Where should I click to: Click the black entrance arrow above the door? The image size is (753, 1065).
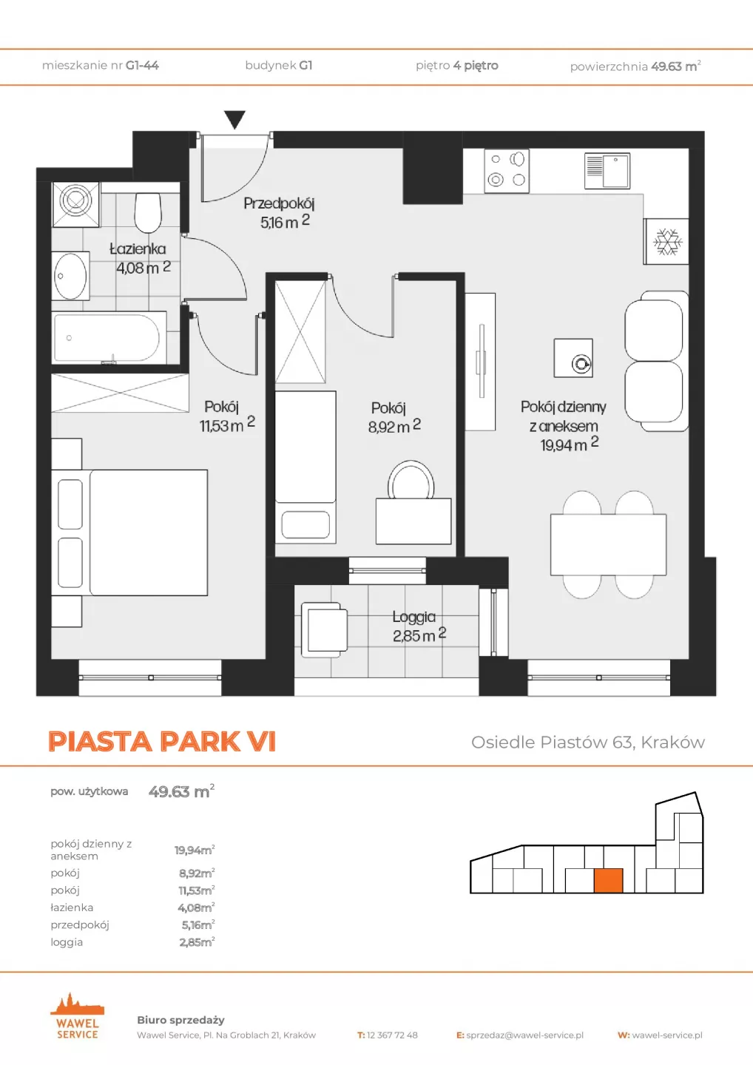click(234, 118)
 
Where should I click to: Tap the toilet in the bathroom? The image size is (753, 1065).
click(149, 212)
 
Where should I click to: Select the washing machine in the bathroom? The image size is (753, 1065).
click(76, 204)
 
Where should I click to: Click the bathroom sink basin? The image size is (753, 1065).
click(70, 277)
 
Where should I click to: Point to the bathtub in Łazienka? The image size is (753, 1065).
click(109, 338)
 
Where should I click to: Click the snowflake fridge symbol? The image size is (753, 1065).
click(668, 242)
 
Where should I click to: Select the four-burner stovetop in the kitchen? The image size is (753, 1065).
click(507, 171)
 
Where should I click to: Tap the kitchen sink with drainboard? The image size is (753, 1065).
click(607, 171)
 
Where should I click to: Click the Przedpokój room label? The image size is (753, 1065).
click(279, 203)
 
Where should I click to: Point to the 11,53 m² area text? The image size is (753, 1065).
click(227, 425)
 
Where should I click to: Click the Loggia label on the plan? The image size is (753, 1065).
click(414, 617)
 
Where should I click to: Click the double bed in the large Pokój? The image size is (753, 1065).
click(129, 532)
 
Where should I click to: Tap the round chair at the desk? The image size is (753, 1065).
click(411, 479)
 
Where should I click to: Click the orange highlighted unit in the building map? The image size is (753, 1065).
click(608, 880)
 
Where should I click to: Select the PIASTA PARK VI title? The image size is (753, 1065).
click(162, 741)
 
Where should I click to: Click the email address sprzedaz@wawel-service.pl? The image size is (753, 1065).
click(525, 1035)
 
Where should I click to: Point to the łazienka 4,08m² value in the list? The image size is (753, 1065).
click(196, 907)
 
